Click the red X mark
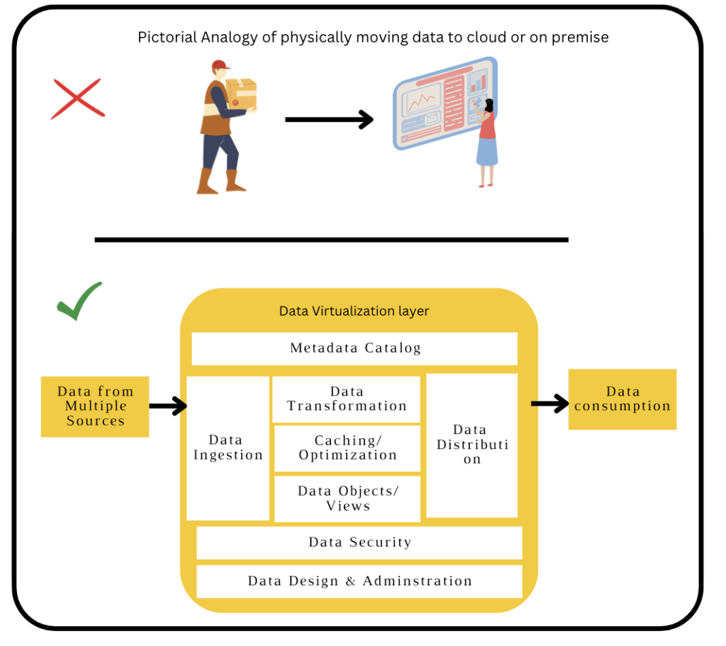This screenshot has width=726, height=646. coord(78,99)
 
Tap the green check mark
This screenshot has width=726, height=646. coord(79,301)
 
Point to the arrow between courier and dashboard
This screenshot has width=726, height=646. coord(329,120)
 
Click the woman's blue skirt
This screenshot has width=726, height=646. coord(487,152)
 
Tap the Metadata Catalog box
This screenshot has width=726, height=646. coord(354,348)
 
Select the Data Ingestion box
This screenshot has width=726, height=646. coord(228,448)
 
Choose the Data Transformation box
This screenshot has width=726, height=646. coord(347,399)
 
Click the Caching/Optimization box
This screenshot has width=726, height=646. coord(347,448)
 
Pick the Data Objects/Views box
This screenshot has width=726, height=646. coord(347,499)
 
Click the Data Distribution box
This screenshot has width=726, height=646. coord(471,445)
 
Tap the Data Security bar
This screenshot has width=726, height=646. coord(359,542)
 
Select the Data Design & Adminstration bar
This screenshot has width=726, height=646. coord(359,581)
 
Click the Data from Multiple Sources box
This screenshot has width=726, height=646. coord(95,406)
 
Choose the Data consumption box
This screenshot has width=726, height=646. coord(622,399)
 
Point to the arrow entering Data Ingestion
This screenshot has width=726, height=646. coord(168,406)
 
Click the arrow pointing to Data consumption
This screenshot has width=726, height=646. coord(549,403)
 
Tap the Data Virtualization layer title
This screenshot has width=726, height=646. coord(354,311)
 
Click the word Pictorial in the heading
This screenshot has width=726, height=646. coord(163,37)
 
